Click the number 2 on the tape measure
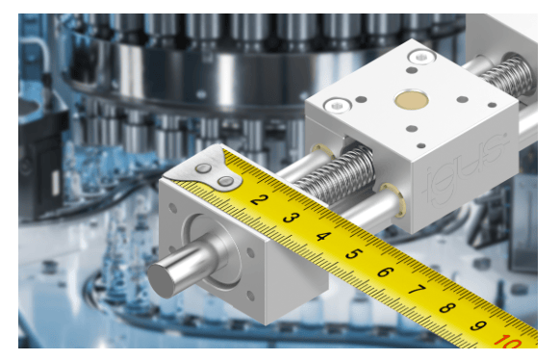[x=260, y=199]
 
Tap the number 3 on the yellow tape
[x=292, y=218]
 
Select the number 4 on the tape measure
[x=323, y=236]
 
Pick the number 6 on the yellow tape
[x=385, y=272]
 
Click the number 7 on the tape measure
[x=417, y=290]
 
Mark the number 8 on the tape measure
[x=447, y=307]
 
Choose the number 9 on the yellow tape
[x=478, y=325]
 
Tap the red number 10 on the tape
[x=509, y=341]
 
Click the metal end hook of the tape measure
[x=204, y=168]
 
